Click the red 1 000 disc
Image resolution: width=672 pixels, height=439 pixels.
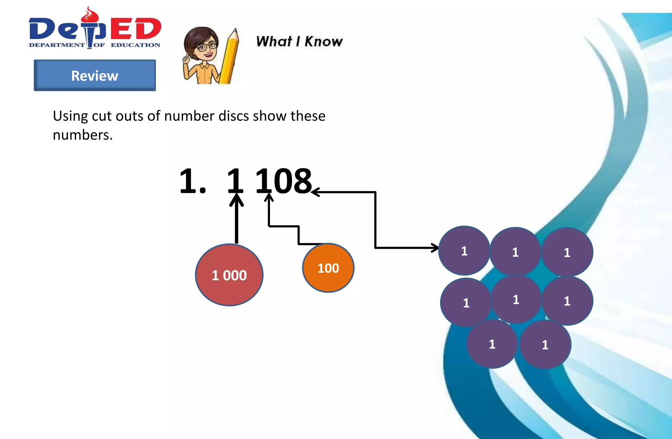(x=229, y=275)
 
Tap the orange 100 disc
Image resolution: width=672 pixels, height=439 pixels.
(x=328, y=268)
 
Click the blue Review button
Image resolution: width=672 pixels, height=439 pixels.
(x=95, y=75)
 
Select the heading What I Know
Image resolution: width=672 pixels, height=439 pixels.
(x=299, y=42)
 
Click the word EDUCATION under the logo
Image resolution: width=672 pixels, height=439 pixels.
(x=135, y=45)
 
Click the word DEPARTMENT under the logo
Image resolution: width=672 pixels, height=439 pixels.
(x=57, y=45)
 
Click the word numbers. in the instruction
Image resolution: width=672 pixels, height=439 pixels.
(x=83, y=135)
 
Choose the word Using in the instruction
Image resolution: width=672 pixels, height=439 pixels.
(x=70, y=116)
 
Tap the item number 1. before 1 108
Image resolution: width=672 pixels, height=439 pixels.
(x=193, y=181)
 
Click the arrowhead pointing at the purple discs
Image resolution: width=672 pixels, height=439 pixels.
(x=435, y=248)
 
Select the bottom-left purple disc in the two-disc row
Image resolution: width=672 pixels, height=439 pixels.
(x=492, y=344)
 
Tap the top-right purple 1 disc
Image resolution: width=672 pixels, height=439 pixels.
(x=567, y=252)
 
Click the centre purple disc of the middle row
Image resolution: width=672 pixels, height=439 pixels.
(x=516, y=299)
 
